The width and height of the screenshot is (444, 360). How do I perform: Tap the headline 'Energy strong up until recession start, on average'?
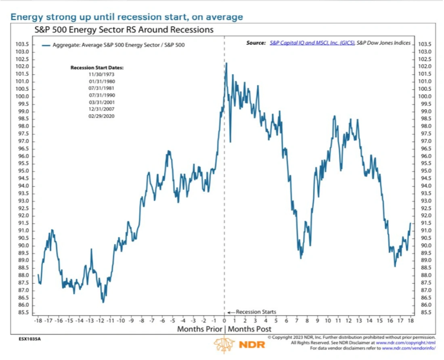[x=126, y=17]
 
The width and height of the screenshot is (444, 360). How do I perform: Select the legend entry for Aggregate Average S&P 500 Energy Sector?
[x=114, y=45]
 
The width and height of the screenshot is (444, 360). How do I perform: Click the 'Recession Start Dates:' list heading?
[x=97, y=68]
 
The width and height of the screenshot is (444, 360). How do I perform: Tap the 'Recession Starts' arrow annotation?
[x=252, y=312]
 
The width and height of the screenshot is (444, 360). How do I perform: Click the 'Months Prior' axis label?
[x=199, y=329]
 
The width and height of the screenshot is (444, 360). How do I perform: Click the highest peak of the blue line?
[x=226, y=63]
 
